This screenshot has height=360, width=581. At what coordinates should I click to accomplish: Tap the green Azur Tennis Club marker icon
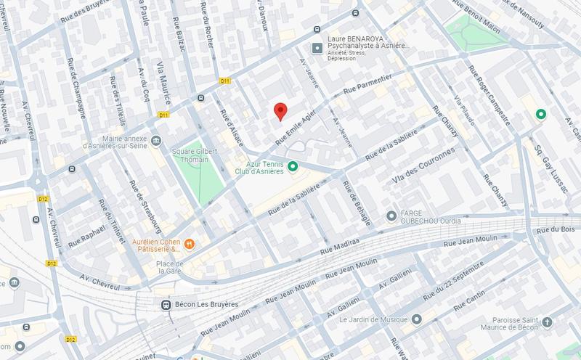[x=293, y=167]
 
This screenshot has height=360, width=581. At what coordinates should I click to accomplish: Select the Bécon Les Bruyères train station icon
[x=166, y=306]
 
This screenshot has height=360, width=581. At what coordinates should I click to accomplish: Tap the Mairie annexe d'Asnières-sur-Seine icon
[x=156, y=140]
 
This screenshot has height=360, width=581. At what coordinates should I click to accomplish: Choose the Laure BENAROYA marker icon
[x=317, y=48]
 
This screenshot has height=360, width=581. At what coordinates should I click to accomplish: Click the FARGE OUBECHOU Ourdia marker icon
[x=391, y=216]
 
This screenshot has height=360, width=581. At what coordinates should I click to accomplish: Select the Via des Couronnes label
[x=423, y=166]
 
